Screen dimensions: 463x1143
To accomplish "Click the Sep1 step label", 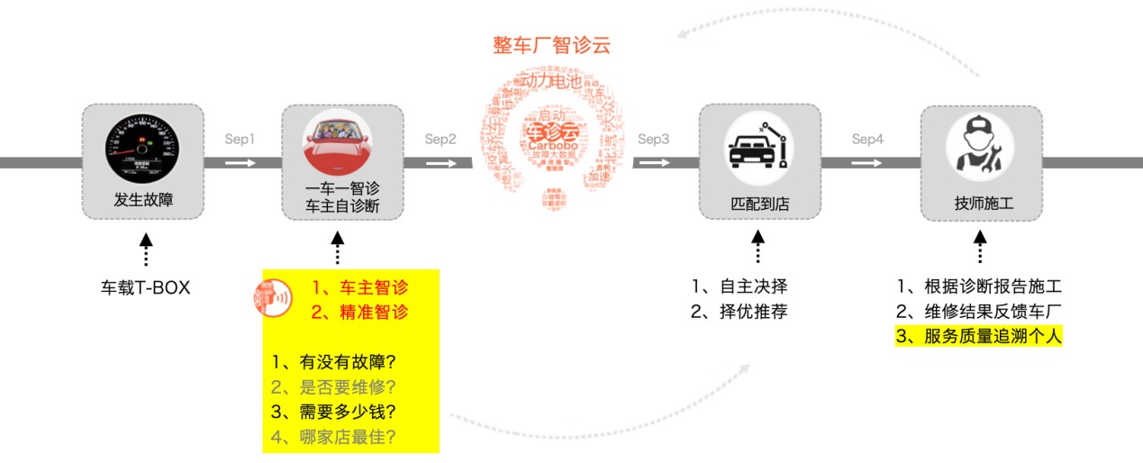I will coord(240,140).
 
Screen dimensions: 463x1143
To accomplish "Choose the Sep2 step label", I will coord(440,140).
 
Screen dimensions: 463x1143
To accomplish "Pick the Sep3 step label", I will coord(654,140).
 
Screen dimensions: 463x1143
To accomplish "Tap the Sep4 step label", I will coord(868,140).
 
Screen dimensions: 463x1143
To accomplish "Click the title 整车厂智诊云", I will coord(551,45).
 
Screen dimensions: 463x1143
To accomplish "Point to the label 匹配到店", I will coord(759,204).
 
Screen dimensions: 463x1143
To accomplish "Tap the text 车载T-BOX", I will coord(145,288).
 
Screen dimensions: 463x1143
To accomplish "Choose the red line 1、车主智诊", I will coord(358,288).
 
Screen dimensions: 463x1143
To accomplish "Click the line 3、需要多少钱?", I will coord(334,413).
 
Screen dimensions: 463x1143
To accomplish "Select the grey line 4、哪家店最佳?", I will coord(334,439).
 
